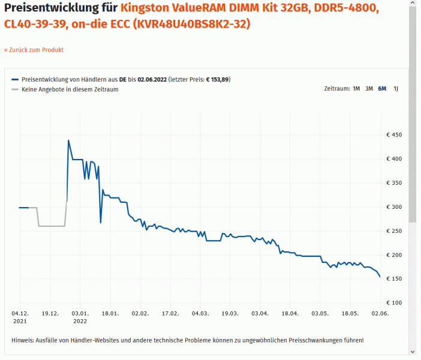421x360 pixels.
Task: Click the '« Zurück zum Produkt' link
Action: point(34,50)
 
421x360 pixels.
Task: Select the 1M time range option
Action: point(356,89)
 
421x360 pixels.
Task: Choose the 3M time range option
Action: point(369,89)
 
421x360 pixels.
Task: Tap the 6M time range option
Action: point(382,89)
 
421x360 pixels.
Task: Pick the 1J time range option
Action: point(396,89)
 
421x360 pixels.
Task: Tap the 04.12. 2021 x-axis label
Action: point(20,317)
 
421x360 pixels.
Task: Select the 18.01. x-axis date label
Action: point(110,313)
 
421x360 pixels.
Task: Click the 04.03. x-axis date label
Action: point(200,313)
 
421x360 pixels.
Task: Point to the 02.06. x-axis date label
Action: point(380,313)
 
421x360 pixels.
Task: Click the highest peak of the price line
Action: point(68,140)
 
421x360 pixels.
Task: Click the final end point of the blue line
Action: point(380,277)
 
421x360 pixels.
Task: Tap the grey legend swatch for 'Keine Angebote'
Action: point(15,89)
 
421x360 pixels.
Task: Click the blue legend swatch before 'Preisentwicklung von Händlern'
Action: point(15,79)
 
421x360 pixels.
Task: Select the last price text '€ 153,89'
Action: point(218,79)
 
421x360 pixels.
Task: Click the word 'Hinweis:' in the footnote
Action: point(23,340)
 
